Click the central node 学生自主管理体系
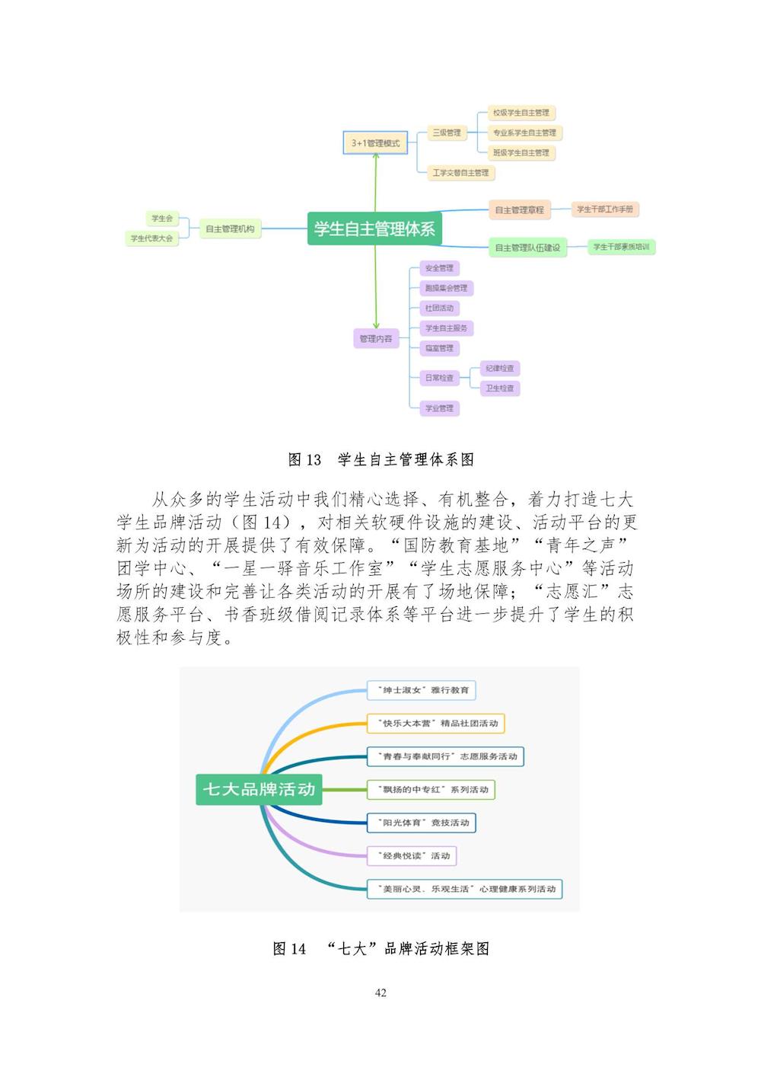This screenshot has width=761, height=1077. point(374,229)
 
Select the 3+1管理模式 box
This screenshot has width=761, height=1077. point(375,143)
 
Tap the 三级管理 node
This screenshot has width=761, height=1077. point(447,133)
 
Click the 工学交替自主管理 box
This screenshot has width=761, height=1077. point(460,173)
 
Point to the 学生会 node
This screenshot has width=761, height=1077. point(162,219)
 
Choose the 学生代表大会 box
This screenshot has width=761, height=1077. point(152,238)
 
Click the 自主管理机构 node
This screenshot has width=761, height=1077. point(230,229)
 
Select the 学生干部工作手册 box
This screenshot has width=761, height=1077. point(604,209)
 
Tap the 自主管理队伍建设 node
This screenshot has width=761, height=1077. point(527,248)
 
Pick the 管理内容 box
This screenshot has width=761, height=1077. point(376,339)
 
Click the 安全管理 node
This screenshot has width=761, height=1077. point(439,268)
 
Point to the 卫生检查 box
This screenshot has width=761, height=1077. point(500,388)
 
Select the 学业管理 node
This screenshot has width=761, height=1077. point(439,408)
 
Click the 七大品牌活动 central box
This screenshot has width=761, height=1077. point(259,789)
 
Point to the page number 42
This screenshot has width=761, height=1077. point(380,992)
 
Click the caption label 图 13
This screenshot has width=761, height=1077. point(304,459)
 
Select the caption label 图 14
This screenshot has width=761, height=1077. point(289,948)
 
